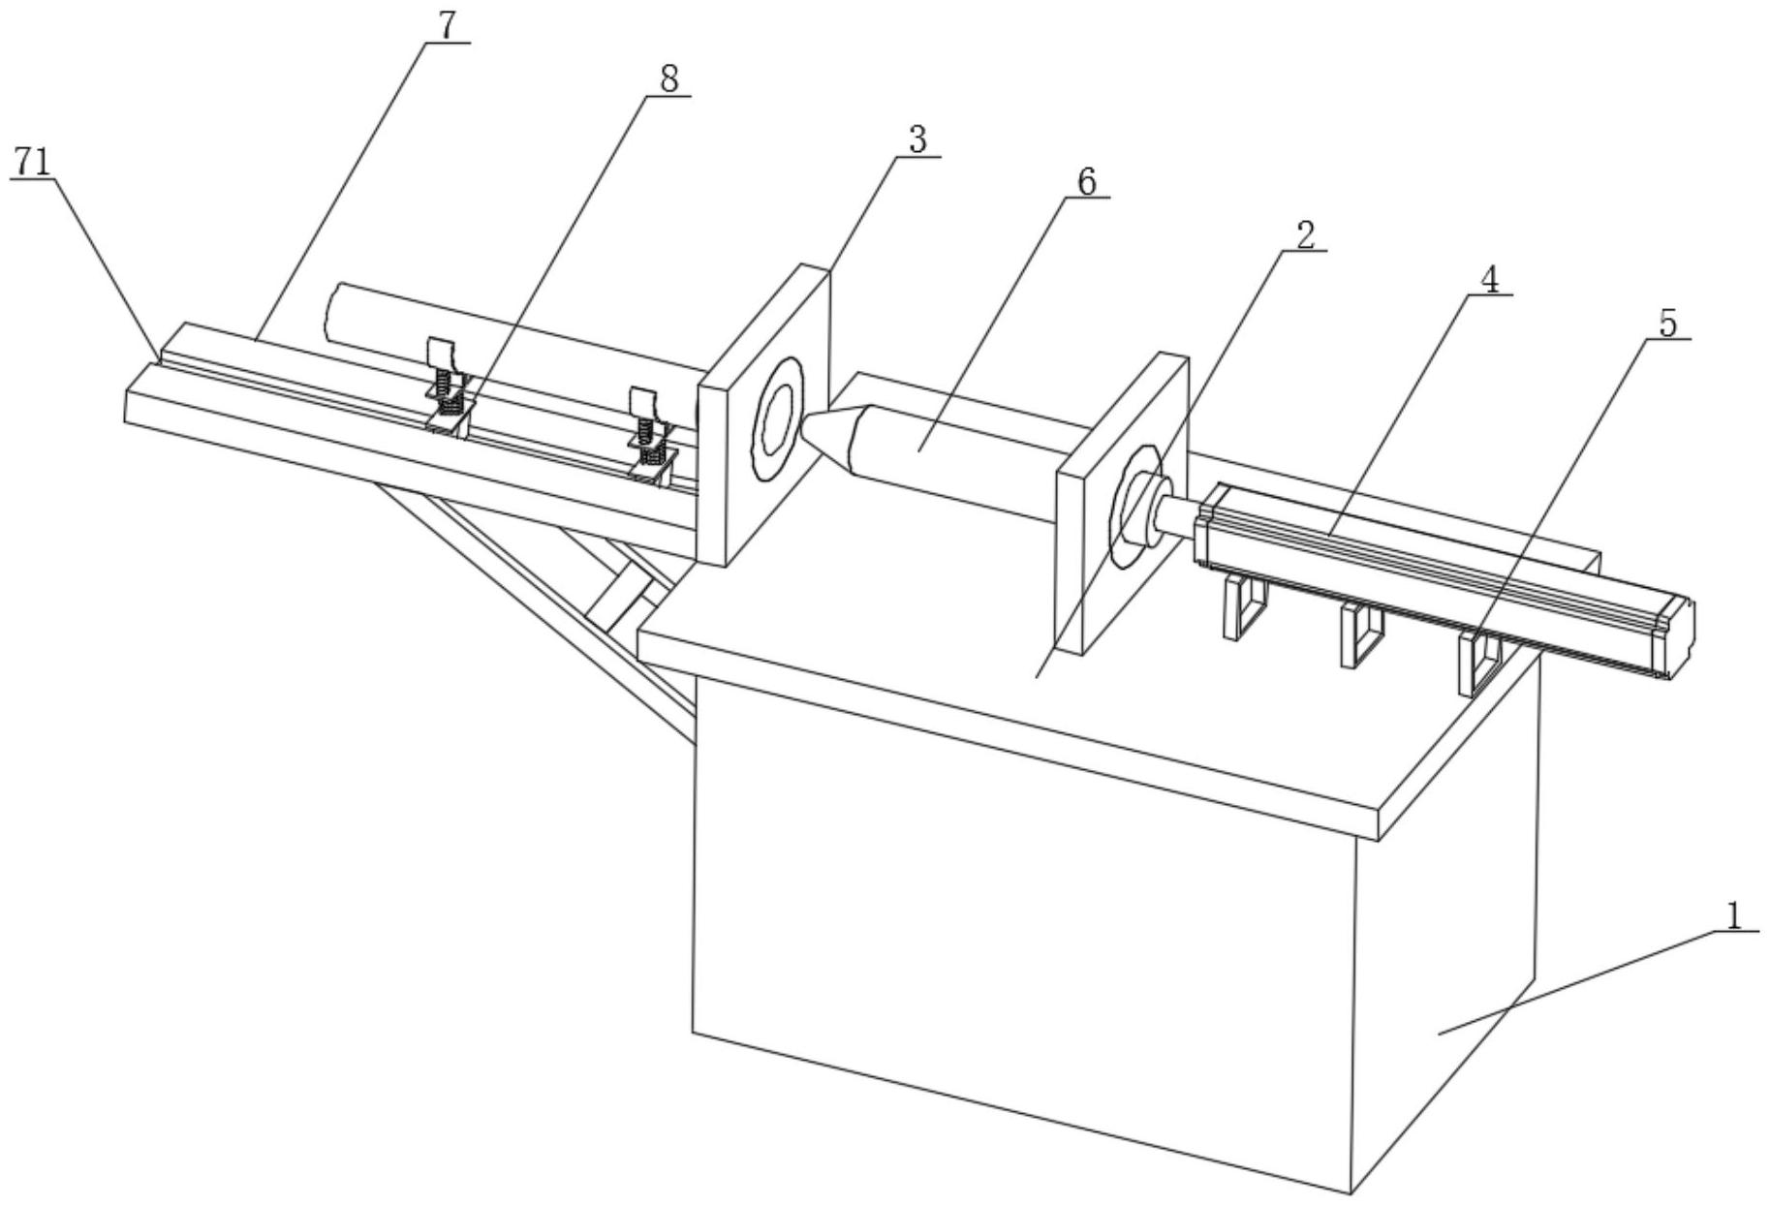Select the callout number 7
(x=446, y=26)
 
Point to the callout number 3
(x=916, y=140)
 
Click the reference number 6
(x=1086, y=181)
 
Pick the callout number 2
(x=1305, y=234)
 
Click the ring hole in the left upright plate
(x=778, y=419)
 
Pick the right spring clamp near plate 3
(x=648, y=433)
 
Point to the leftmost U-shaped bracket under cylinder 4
(x=1243, y=607)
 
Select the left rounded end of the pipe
(x=334, y=312)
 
